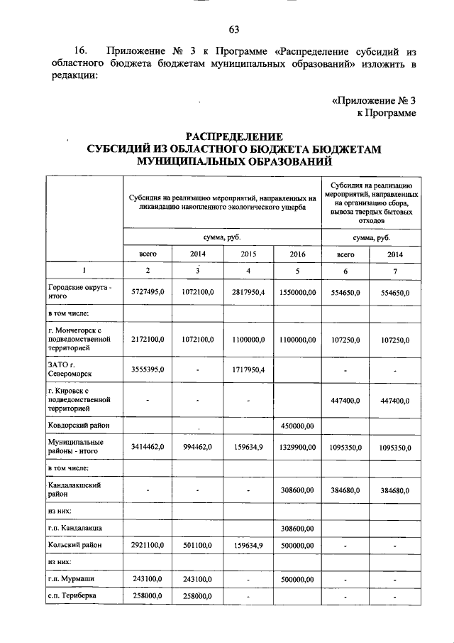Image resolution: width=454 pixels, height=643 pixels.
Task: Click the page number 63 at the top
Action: point(234,29)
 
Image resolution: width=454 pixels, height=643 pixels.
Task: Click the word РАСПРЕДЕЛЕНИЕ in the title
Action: point(234,136)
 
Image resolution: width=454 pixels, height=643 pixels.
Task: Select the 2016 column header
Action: point(298,253)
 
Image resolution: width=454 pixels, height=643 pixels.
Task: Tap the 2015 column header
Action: point(248,253)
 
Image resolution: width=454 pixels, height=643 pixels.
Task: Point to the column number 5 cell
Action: point(298,271)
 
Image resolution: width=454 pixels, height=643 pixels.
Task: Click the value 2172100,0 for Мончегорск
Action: point(148,340)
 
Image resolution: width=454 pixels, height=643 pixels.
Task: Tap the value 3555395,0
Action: point(148,369)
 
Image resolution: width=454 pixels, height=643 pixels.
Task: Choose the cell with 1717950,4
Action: point(248,369)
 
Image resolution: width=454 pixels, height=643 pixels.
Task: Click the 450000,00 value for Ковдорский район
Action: point(298,426)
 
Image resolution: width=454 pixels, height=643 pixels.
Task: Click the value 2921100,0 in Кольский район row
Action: point(148,545)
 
